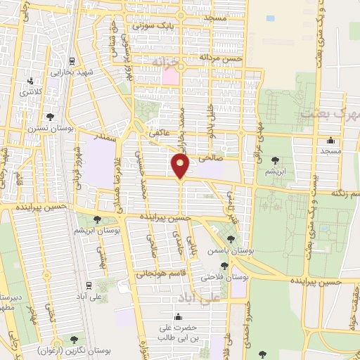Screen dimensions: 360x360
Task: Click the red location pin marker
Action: (181, 166)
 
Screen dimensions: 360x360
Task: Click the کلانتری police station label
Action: (30, 91)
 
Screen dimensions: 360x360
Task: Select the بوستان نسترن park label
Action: (50, 129)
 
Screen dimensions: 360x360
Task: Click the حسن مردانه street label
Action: (220, 57)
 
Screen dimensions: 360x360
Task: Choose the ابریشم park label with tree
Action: (274, 171)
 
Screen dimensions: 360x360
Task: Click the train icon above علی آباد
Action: (90, 284)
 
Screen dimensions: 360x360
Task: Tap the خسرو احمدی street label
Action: (247, 328)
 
